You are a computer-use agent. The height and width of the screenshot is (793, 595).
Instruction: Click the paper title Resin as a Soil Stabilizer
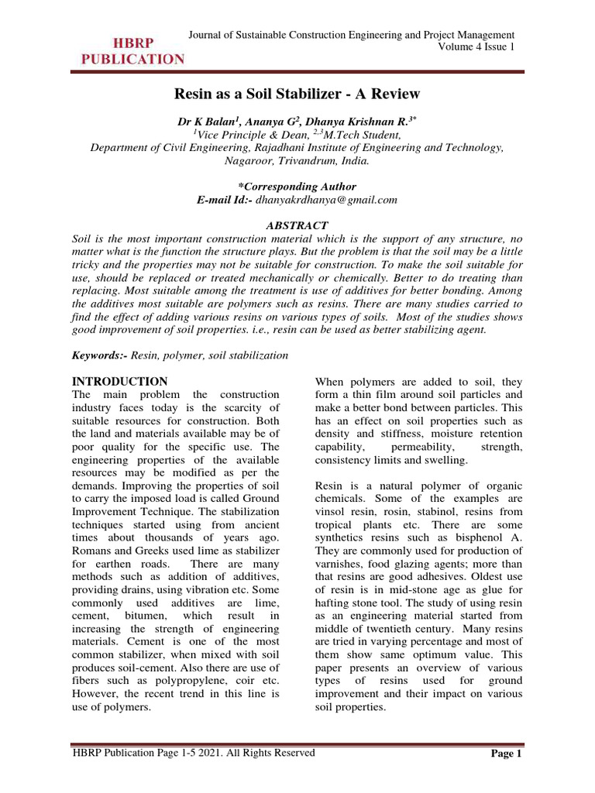(x=297, y=94)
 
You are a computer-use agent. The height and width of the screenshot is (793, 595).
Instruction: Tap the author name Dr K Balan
(x=207, y=122)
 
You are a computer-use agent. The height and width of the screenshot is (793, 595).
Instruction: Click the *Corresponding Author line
(x=297, y=187)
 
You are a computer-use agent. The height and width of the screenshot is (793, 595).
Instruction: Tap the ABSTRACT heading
(x=297, y=225)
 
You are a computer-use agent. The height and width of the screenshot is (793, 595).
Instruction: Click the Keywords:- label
(x=98, y=355)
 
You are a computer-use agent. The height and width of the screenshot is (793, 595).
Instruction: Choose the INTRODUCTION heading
(x=119, y=382)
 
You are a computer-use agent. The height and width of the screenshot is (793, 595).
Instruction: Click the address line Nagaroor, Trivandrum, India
(x=297, y=162)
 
